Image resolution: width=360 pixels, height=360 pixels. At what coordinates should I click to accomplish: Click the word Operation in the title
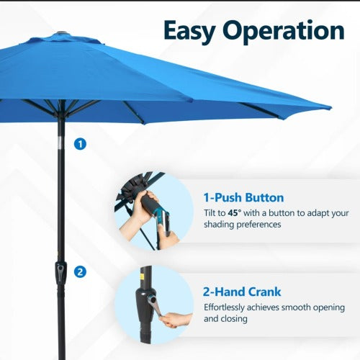pyautogui.click(x=283, y=30)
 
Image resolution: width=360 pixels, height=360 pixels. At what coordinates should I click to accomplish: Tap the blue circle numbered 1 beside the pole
pyautogui.click(x=80, y=144)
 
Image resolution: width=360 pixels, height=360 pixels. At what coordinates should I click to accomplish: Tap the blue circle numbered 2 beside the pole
pyautogui.click(x=80, y=271)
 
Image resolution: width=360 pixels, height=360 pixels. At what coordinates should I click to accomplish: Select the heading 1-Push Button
pyautogui.click(x=244, y=197)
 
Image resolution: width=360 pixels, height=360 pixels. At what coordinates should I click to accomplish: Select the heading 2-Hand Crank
pyautogui.click(x=242, y=292)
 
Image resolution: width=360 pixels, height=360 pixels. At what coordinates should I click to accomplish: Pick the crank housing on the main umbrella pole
pyautogui.click(x=61, y=271)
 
